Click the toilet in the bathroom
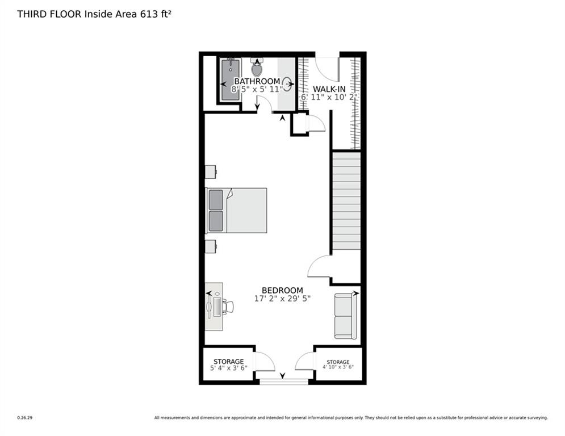(257, 68)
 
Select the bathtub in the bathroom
(230, 79)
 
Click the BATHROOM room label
(257, 81)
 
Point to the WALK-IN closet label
(328, 89)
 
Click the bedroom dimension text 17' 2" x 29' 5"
(282, 298)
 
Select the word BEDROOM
(282, 290)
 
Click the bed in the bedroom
(237, 210)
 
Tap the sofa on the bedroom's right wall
(345, 316)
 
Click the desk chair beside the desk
(228, 307)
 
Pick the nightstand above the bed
(210, 171)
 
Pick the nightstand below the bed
(210, 246)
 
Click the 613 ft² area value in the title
(156, 14)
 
